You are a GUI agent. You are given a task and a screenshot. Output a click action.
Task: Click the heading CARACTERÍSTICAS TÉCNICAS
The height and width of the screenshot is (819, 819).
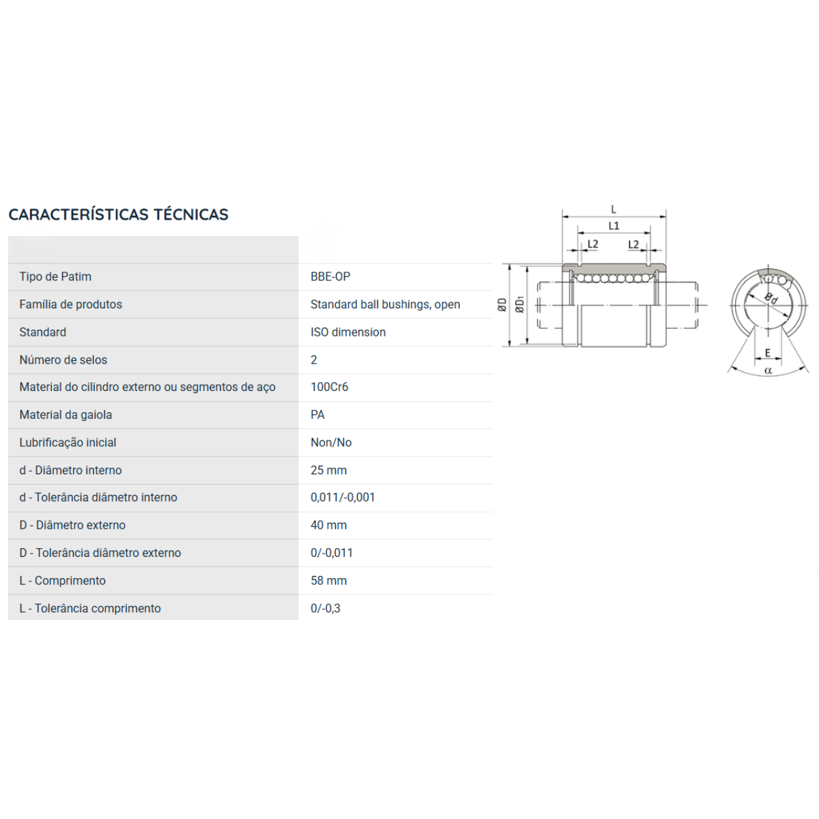coord(118,214)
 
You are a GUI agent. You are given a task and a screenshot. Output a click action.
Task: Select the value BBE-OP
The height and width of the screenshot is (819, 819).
coord(330,276)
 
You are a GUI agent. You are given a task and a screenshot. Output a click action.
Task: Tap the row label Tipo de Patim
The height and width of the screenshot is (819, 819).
coord(55,276)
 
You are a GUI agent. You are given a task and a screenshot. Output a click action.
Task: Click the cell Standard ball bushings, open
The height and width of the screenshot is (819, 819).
coord(385,304)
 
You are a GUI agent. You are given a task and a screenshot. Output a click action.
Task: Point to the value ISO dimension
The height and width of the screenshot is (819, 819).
coord(347,332)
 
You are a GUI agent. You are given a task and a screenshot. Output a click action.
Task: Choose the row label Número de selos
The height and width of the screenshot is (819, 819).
coord(63,360)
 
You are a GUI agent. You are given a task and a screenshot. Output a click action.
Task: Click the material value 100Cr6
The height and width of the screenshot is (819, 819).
coord(329,387)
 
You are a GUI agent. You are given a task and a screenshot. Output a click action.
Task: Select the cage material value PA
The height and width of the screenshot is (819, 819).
coord(317,414)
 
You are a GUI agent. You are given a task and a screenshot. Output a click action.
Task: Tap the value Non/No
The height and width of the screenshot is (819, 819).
coord(330,442)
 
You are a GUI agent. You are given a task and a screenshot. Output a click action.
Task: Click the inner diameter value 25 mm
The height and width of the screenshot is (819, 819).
coord(328,470)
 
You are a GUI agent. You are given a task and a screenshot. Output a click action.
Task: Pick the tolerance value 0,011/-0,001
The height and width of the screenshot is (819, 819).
coord(343,498)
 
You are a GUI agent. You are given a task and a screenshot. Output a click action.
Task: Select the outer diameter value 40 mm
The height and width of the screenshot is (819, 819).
coord(328,525)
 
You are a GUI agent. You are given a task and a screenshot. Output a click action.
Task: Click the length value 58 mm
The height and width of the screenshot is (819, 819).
coord(328,580)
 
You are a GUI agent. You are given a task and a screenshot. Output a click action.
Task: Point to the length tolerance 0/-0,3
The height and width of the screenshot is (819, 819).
coord(325,608)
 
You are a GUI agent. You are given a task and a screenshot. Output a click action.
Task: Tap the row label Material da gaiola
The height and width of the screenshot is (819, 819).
coord(66,414)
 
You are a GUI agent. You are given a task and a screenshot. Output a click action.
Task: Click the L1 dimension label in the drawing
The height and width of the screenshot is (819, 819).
coord(614,225)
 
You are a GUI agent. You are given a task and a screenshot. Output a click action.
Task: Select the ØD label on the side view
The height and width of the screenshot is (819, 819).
coord(502,304)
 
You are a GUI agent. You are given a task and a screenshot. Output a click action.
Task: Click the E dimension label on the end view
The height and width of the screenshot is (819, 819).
coord(767,353)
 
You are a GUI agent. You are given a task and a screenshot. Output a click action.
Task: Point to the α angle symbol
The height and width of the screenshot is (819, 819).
coord(768,371)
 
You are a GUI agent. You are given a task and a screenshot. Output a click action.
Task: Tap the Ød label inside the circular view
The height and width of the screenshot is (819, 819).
coord(771,298)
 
